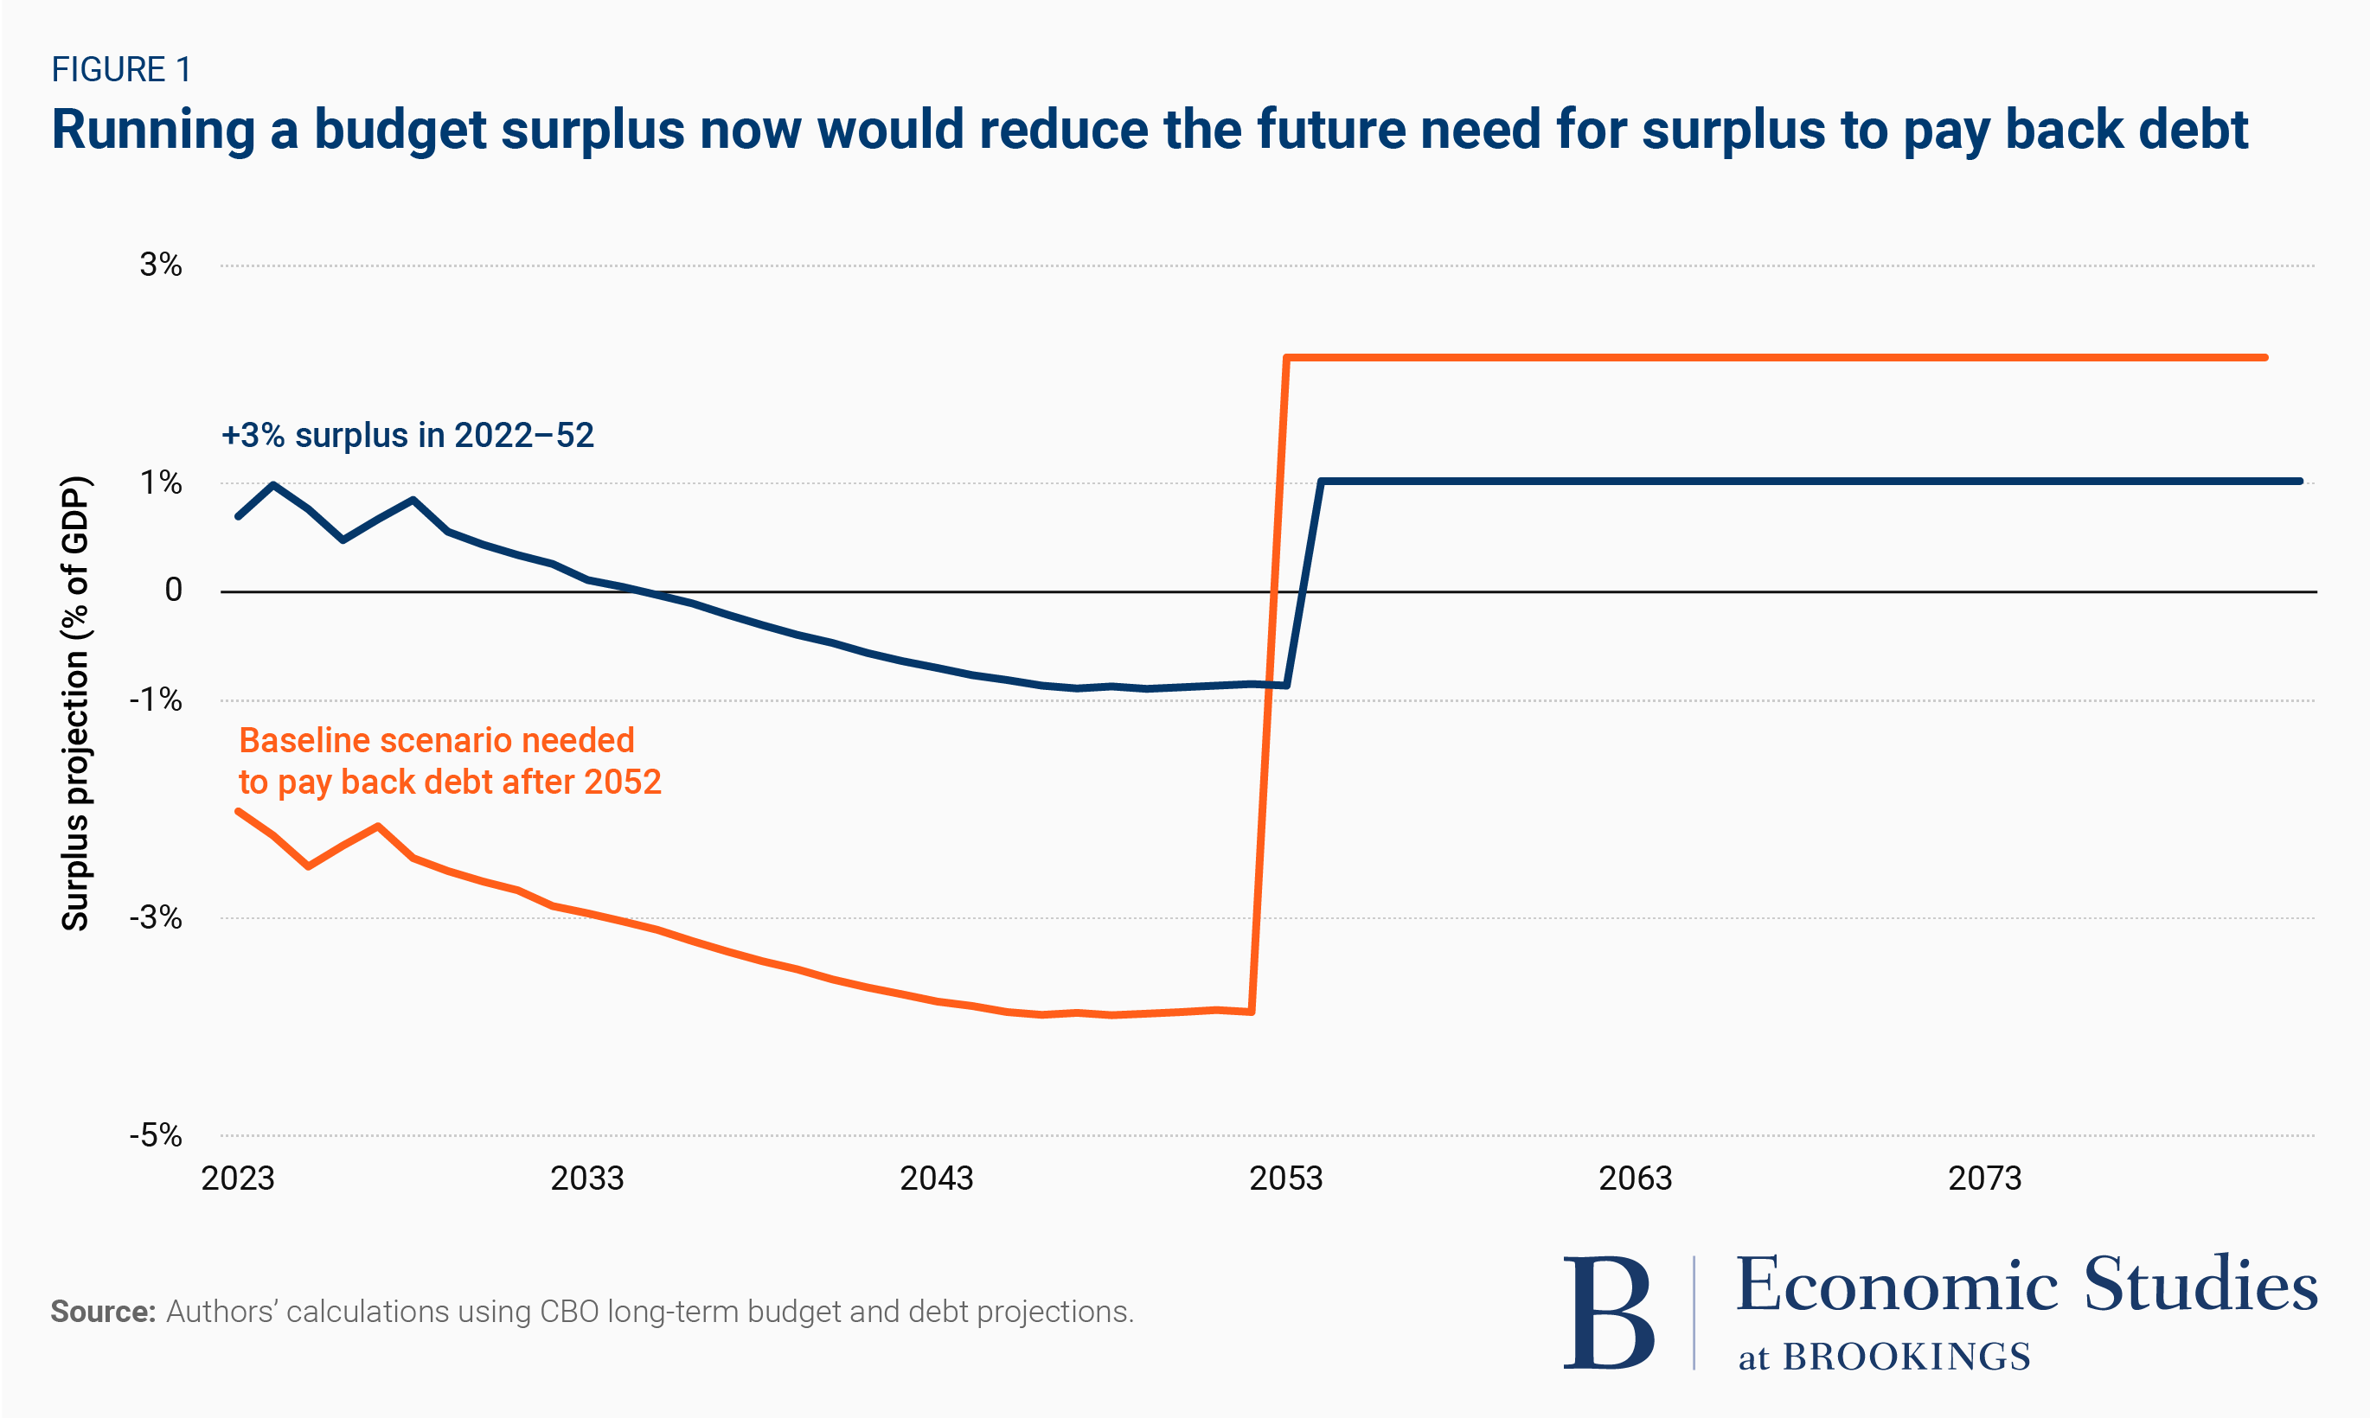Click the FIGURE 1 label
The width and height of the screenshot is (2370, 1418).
click(x=121, y=70)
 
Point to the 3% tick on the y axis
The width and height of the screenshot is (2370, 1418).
click(x=161, y=265)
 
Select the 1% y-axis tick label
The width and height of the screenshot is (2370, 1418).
click(x=161, y=482)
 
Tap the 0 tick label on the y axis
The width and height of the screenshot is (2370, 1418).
click(x=173, y=591)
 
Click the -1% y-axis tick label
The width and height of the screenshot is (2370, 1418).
click(x=156, y=699)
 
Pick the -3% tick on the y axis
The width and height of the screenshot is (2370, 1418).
click(x=156, y=917)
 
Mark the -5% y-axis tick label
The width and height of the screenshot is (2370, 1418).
click(x=156, y=1135)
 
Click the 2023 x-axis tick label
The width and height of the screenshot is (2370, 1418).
click(x=237, y=1178)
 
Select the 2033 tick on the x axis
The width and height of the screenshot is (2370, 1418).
click(x=586, y=1178)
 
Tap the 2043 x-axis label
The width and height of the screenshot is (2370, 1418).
click(x=937, y=1178)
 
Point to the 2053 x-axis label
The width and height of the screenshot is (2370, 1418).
click(x=1286, y=1178)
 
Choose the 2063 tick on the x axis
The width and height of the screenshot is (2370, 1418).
click(x=1635, y=1178)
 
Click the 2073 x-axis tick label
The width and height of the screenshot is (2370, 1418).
click(x=1985, y=1178)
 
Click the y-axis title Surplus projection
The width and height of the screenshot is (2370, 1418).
click(x=74, y=702)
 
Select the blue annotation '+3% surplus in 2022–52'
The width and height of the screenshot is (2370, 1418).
click(x=407, y=436)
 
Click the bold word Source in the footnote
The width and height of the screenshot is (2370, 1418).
click(x=102, y=1312)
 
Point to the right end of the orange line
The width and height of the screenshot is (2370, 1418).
click(x=2264, y=357)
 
